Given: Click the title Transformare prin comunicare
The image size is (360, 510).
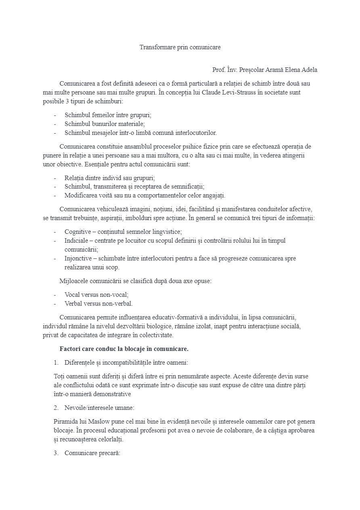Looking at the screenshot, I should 180,47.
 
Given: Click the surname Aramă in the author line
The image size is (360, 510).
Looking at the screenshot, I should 273,70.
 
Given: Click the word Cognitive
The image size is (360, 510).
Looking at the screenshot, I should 78,232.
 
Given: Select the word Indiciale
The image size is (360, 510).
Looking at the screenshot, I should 77,241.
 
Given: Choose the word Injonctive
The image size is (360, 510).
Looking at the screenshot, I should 78,258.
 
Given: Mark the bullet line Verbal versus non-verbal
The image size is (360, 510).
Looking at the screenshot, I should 98,304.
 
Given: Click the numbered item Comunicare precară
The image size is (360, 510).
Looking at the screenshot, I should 92,453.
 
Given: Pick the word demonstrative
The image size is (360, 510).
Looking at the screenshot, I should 113,394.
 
